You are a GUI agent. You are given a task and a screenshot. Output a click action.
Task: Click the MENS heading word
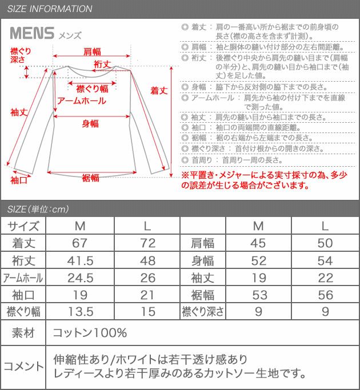point(32,33)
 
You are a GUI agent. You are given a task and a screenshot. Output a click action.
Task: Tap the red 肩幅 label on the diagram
point(92,51)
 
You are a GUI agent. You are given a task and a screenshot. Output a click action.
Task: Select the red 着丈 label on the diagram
point(158,90)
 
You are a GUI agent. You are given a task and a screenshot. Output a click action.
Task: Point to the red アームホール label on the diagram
point(82,100)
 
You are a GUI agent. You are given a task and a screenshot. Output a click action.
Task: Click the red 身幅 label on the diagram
point(90,123)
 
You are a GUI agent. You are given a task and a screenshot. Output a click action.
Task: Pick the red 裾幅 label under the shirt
point(90,178)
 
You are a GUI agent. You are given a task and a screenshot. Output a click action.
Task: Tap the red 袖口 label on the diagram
point(19,180)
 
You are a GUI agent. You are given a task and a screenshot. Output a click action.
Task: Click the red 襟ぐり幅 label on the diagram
point(92,89)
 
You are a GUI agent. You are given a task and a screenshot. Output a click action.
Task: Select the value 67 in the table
point(80,243)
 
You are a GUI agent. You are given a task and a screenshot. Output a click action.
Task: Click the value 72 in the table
point(147,243)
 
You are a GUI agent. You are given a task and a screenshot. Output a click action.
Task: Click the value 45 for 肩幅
point(258,243)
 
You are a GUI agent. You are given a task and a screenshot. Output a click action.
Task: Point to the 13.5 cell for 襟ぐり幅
point(80,312)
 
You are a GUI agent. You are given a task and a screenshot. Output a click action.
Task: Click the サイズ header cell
point(23,226)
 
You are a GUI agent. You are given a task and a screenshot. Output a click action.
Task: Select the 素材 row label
point(23,332)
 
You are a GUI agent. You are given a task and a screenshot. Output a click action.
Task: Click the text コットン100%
point(89,332)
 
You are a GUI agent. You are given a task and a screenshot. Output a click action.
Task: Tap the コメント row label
point(23,367)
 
